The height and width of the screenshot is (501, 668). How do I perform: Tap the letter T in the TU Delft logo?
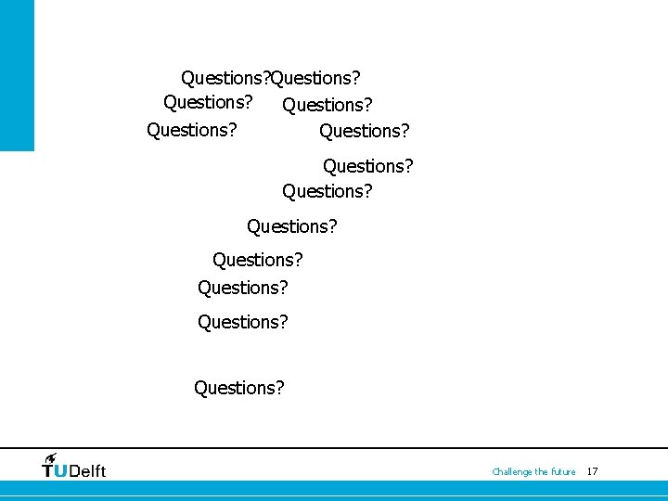pos(48,470)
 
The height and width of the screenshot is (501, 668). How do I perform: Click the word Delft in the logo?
pos(87,470)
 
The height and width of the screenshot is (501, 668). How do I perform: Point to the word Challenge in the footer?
pos(512,472)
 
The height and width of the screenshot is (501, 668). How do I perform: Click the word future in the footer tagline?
pos(563,472)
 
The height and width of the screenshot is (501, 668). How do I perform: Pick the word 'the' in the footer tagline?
pos(542,472)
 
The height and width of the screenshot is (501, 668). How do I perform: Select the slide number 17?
pos(593,471)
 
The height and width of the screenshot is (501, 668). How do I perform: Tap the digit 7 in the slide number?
pos(596,471)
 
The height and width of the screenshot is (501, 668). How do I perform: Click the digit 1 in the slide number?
pos(590,471)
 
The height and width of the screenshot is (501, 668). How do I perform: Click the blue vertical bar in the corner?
pos(17,74)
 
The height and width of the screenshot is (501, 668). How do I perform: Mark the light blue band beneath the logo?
pos(334,488)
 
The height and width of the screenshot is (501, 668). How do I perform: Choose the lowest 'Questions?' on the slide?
pos(238,388)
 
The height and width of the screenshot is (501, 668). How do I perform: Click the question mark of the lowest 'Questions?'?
pos(279,387)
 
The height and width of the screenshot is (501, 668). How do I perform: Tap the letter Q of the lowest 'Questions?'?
pos(200,388)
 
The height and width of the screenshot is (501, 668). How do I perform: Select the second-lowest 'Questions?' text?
pos(242,322)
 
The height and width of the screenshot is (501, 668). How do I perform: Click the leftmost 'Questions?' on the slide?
pos(191,130)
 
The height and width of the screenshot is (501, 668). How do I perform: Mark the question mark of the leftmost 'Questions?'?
pos(232,129)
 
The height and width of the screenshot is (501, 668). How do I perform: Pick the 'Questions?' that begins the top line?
pos(225,77)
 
